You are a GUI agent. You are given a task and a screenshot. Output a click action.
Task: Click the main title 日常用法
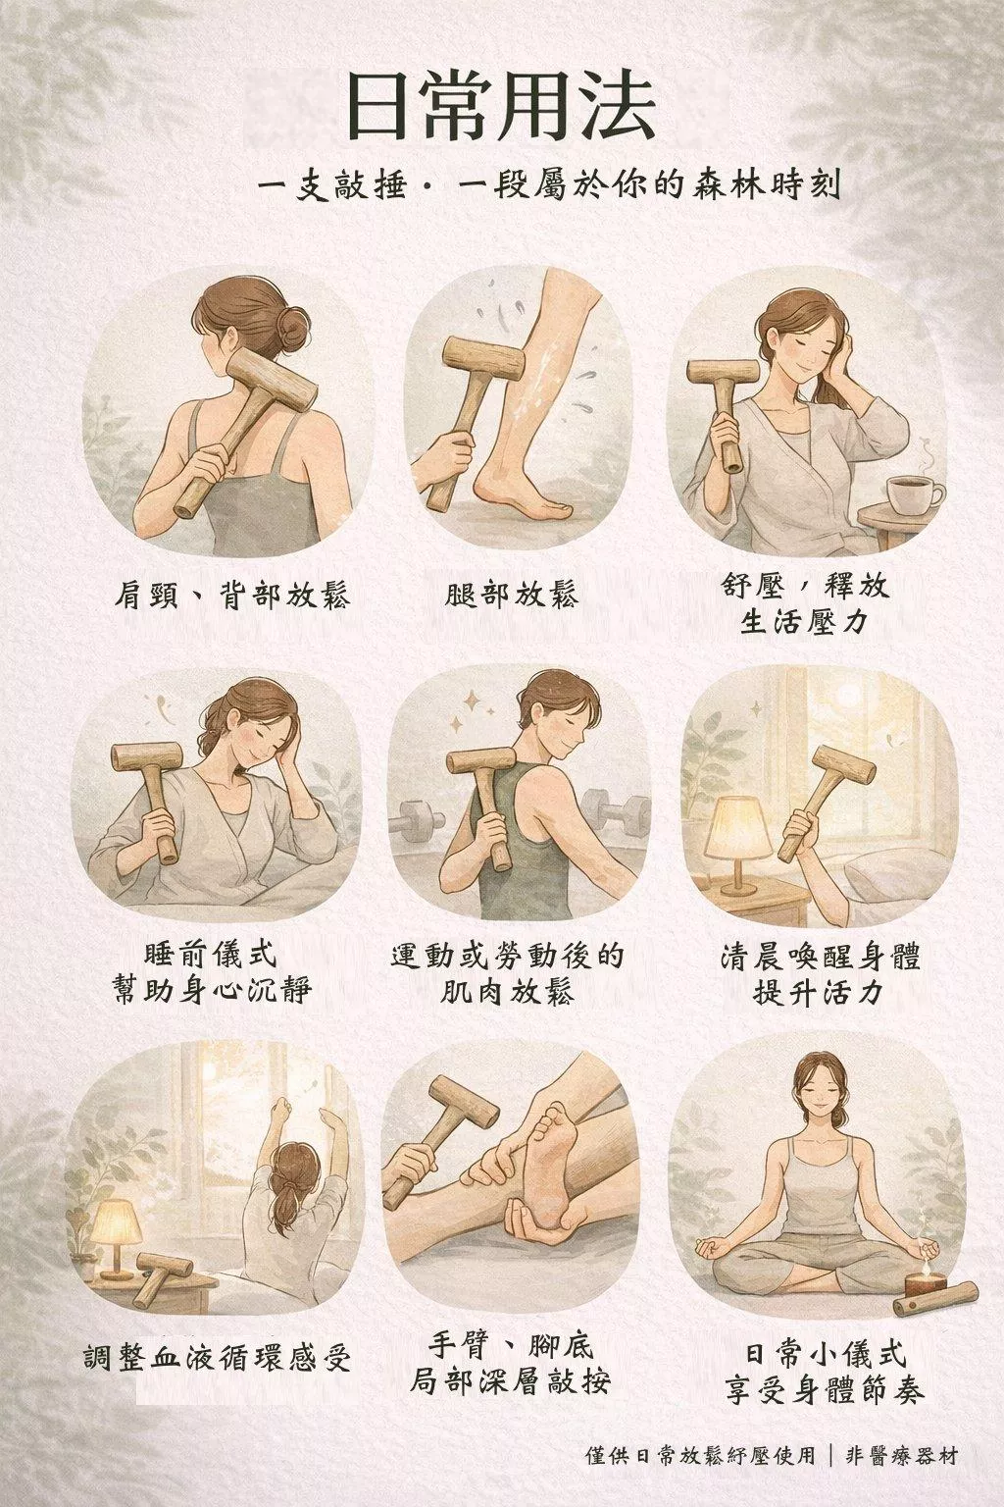click(502, 108)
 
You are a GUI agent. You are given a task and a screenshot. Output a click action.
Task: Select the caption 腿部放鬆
click(512, 595)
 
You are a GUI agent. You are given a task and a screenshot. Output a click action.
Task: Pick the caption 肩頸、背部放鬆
click(232, 596)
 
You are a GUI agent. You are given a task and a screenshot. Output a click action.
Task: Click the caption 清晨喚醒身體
click(820, 957)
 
